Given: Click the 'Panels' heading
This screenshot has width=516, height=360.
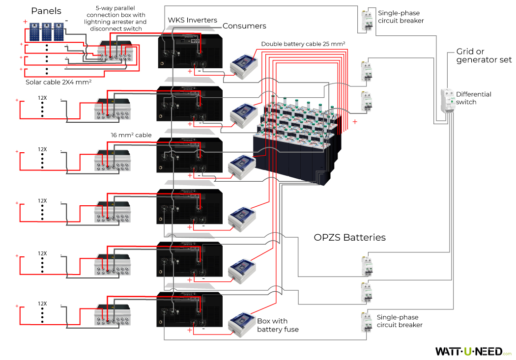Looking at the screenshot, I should pyautogui.click(x=46, y=11).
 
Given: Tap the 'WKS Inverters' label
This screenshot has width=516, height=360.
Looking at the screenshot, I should pyautogui.click(x=192, y=20).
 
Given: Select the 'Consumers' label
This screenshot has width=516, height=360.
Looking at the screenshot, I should pyautogui.click(x=244, y=26).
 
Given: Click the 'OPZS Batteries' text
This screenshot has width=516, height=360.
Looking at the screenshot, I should pyautogui.click(x=349, y=238).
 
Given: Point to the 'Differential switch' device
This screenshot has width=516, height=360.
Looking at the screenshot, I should pyautogui.click(x=448, y=102).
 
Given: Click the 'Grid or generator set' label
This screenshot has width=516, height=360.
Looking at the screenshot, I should pyautogui.click(x=484, y=55).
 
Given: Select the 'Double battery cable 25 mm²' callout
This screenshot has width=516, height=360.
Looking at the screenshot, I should pyautogui.click(x=303, y=44).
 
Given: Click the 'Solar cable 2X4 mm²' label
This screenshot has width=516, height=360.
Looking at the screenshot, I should pyautogui.click(x=58, y=82).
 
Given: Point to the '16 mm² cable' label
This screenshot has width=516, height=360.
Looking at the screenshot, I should pyautogui.click(x=131, y=135).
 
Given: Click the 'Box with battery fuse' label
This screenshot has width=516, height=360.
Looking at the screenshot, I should pyautogui.click(x=278, y=325).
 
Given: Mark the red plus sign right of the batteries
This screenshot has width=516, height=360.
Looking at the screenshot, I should pyautogui.click(x=355, y=121).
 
